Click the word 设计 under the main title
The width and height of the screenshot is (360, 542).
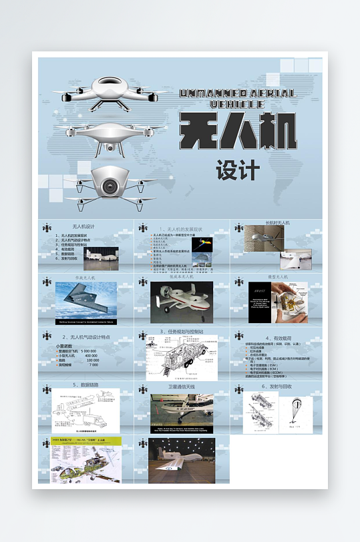pos(237,170)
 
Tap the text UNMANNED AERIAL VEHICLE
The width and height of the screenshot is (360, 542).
pos(237,98)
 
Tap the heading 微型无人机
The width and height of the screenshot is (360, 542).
pos(277,276)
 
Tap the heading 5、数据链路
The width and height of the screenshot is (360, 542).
pos(85,385)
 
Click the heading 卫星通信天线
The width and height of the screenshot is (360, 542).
pos(182,386)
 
